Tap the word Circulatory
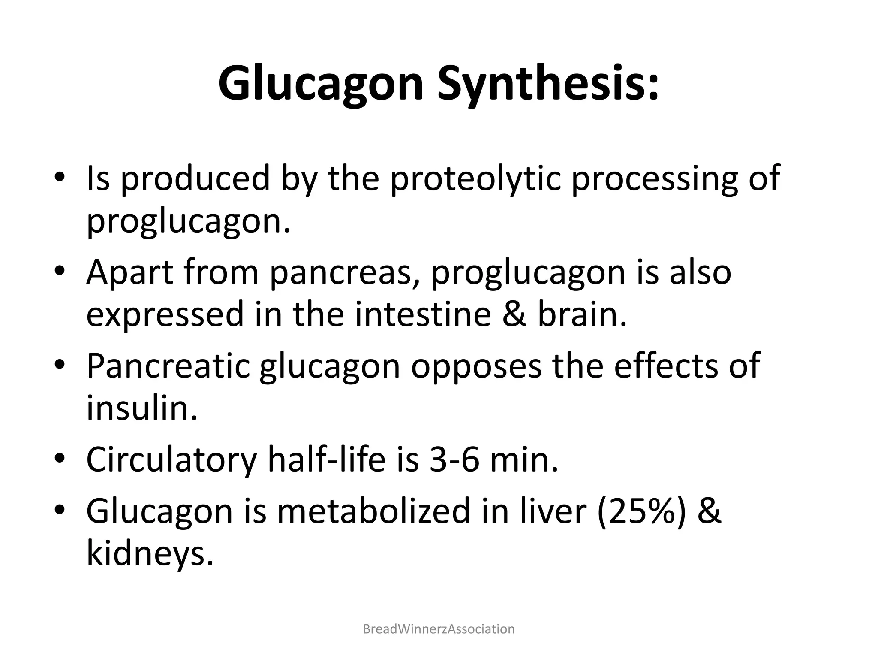[x=171, y=459]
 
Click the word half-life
[x=326, y=459]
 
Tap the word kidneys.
[x=150, y=554]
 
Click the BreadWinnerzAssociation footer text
[x=439, y=629]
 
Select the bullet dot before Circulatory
[x=60, y=459]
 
